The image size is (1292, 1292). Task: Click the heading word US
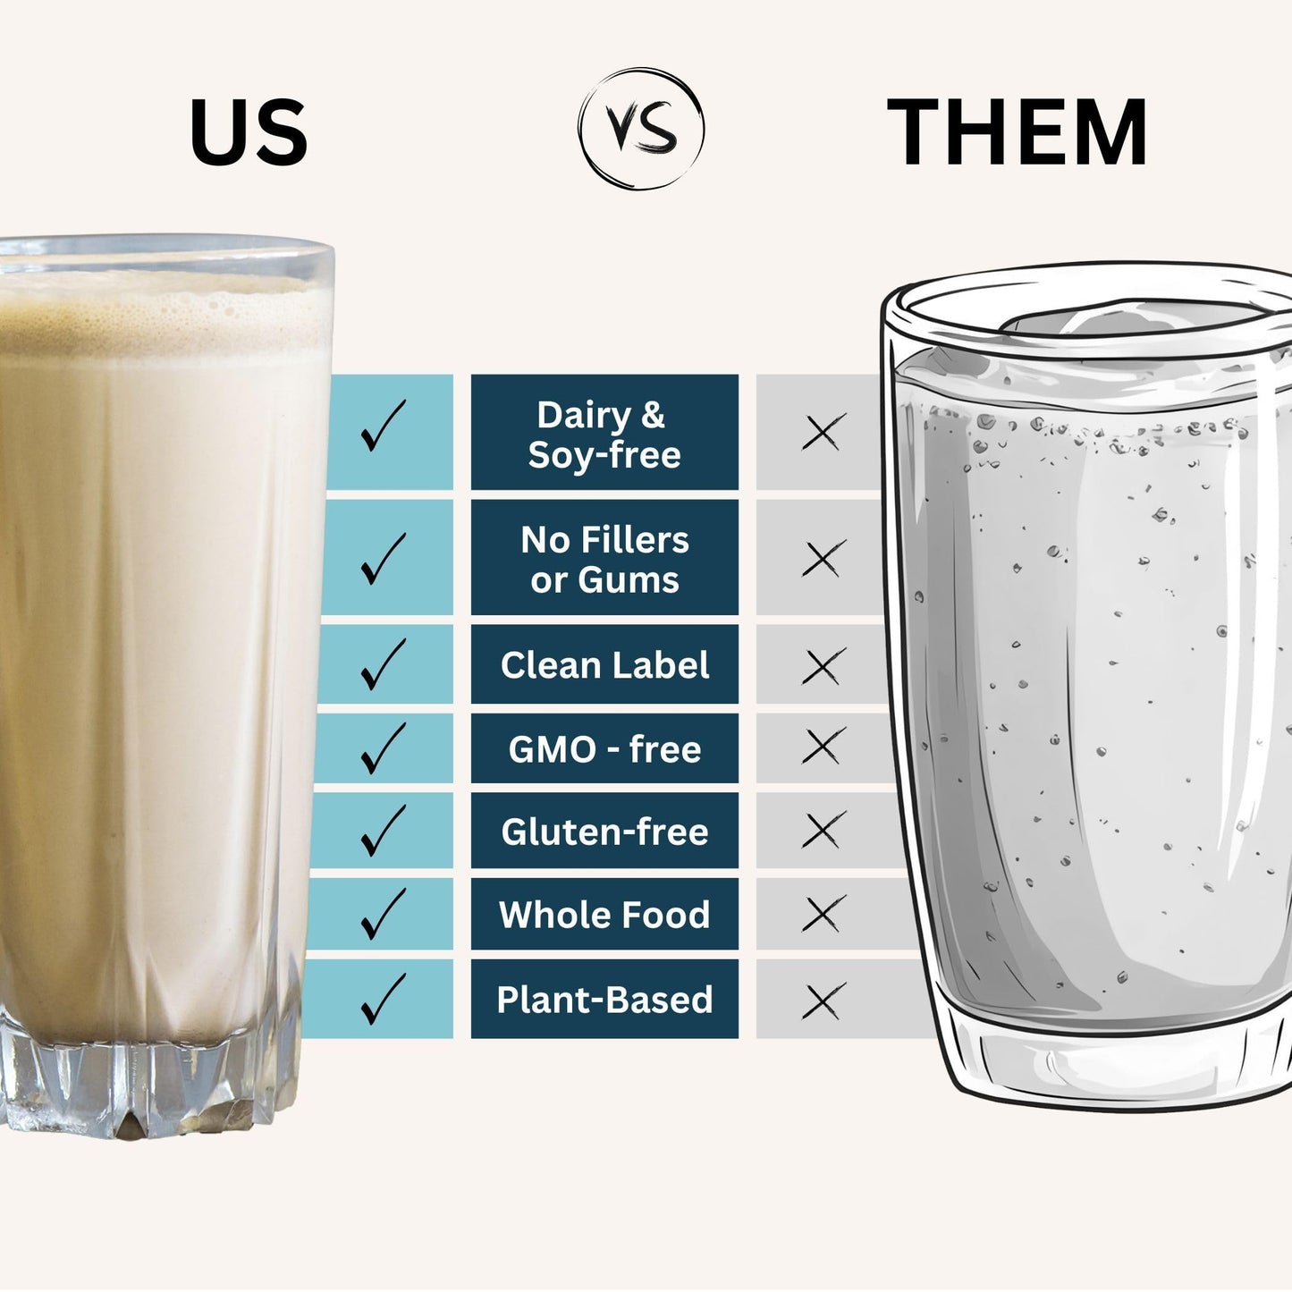pyautogui.click(x=249, y=132)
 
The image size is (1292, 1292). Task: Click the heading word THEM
pyautogui.click(x=1017, y=131)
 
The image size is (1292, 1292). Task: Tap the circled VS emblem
pyautogui.click(x=640, y=128)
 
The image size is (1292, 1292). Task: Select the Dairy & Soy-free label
pyautogui.click(x=604, y=433)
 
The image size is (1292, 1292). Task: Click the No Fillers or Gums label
pyautogui.click(x=604, y=558)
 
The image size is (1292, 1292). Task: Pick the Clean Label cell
pyautogui.click(x=604, y=664)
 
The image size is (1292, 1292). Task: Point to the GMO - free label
pyautogui.click(x=604, y=748)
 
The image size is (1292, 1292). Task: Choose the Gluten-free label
pyautogui.click(x=604, y=831)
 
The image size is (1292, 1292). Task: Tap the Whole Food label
pyautogui.click(x=604, y=914)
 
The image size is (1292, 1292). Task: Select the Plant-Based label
pyautogui.click(x=604, y=999)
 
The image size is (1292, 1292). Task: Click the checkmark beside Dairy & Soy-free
pyautogui.click(x=384, y=426)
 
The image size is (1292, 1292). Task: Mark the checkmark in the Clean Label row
pyautogui.click(x=384, y=664)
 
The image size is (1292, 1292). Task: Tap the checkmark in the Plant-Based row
pyautogui.click(x=384, y=999)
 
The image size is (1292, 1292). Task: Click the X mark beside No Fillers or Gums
pyautogui.click(x=824, y=559)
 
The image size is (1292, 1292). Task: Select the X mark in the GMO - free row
pyautogui.click(x=824, y=747)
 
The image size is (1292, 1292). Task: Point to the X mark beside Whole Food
pyautogui.click(x=824, y=913)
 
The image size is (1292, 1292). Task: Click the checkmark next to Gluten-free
pyautogui.click(x=384, y=831)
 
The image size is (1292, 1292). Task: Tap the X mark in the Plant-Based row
pyautogui.click(x=824, y=1002)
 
